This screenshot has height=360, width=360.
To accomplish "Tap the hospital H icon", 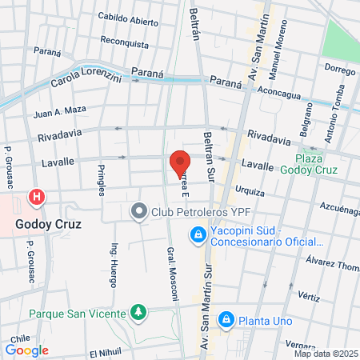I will tap(36, 197).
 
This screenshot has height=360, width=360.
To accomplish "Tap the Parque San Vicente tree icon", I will tap(138, 311).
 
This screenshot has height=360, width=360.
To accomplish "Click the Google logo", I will tap(27, 350).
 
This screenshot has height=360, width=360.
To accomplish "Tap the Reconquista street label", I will tap(126, 41).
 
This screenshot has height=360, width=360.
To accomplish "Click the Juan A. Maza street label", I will tap(59, 113).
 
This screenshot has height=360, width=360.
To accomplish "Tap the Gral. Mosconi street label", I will tap(171, 273).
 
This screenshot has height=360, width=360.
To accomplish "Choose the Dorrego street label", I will tap(339, 70).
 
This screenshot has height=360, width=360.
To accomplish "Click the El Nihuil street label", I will tap(104, 353).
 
